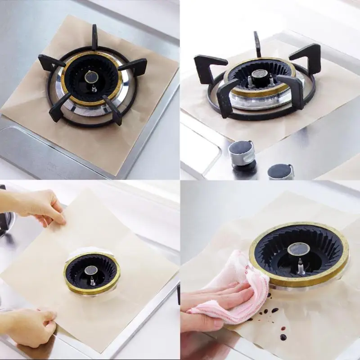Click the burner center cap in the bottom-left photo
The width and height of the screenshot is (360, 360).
tap(91, 270)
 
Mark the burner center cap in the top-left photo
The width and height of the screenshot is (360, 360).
tap(91, 77)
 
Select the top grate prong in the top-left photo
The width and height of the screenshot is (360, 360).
tap(94, 36)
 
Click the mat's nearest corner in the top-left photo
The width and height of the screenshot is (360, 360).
tap(116, 174)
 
